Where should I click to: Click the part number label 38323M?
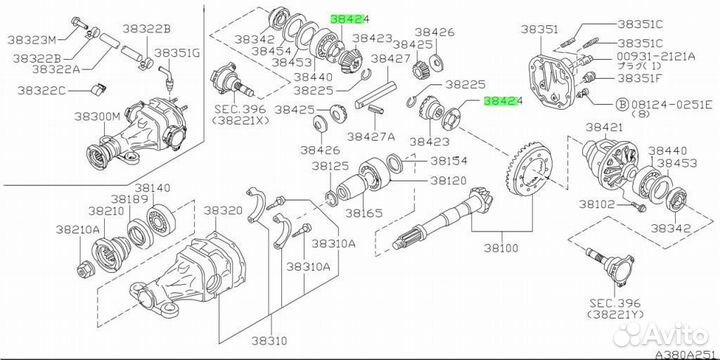[x=31, y=40]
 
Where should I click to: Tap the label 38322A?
[x=57, y=69]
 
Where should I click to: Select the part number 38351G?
[x=177, y=53]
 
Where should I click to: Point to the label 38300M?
[x=98, y=117]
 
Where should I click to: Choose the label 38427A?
[x=371, y=136]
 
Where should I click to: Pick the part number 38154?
[x=449, y=161]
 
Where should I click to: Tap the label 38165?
[x=364, y=213]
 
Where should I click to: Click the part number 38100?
[x=501, y=248]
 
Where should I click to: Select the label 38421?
[x=602, y=127]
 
